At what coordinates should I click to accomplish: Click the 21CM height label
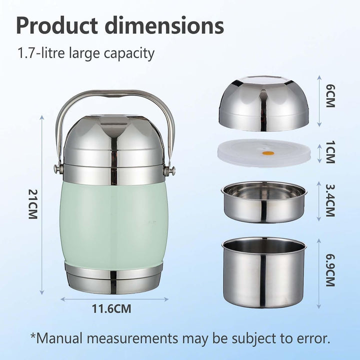(32, 204)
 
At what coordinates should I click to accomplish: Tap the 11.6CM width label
(111, 308)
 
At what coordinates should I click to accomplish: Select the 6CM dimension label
(330, 95)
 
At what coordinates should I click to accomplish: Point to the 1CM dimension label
(330, 152)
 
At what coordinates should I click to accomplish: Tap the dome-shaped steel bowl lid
(264, 104)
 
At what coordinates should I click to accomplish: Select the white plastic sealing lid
(264, 152)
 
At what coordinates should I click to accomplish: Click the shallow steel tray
(264, 202)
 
